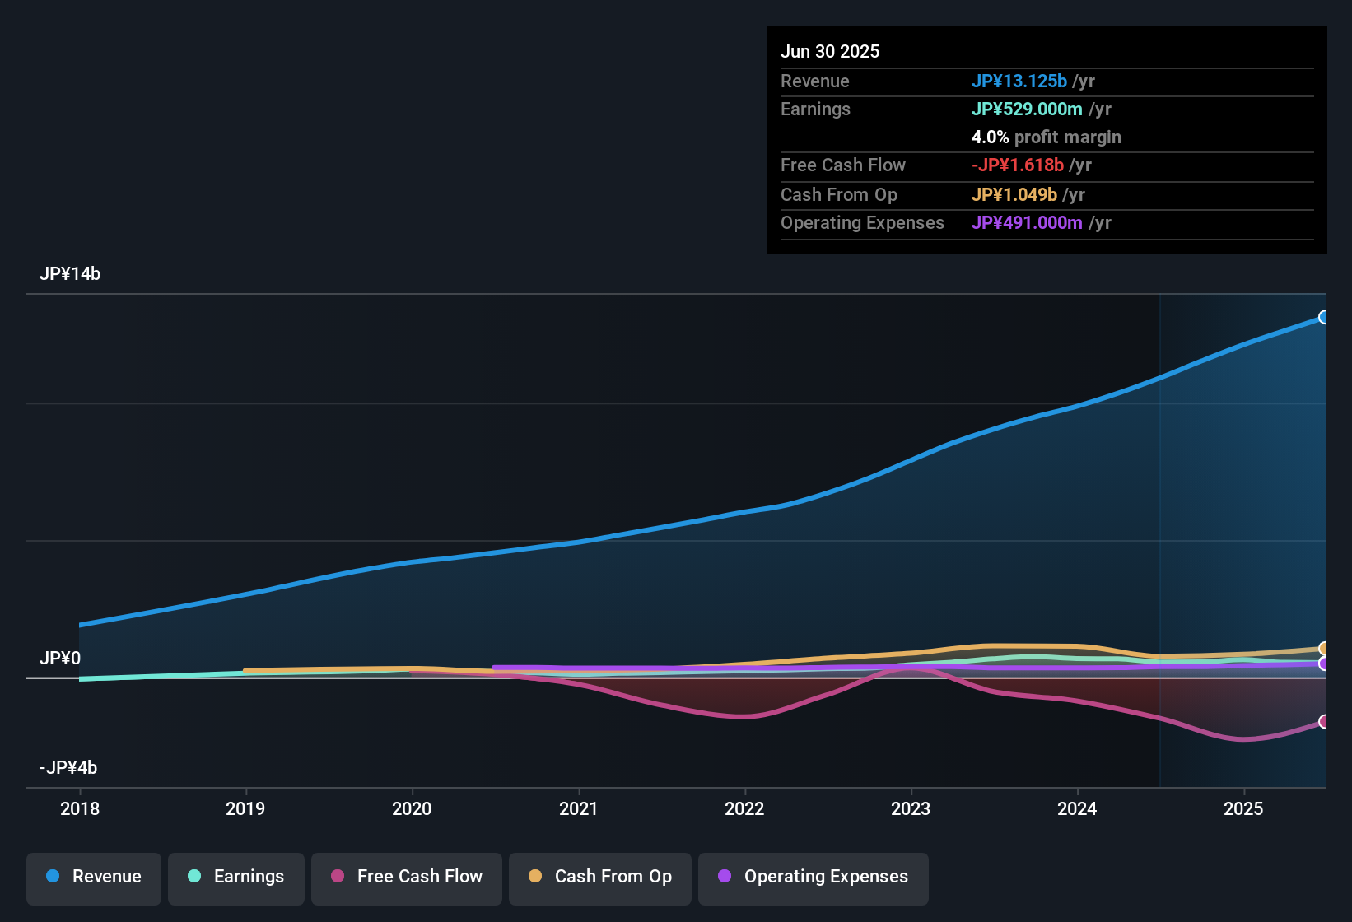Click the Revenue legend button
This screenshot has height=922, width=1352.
tap(94, 877)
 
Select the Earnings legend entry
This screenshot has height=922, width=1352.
tap(236, 877)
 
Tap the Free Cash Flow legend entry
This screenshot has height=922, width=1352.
tap(407, 877)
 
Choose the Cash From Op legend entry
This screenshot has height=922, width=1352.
tap(600, 877)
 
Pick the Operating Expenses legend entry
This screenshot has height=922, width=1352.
tap(814, 877)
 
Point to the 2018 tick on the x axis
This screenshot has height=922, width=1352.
tap(80, 808)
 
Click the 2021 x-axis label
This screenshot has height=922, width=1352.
tap(578, 808)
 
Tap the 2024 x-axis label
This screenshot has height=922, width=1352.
tap(1077, 808)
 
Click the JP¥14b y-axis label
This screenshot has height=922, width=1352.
tap(70, 274)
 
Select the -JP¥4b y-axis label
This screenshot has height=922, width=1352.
tap(68, 768)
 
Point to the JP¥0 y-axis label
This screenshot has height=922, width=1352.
tap(60, 659)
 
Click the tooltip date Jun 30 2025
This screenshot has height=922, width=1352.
tap(830, 51)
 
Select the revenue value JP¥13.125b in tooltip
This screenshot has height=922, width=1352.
tap(1019, 81)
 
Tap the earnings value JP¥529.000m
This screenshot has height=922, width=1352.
tap(1027, 109)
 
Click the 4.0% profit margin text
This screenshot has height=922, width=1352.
tap(1047, 137)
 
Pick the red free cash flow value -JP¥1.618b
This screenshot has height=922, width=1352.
tap(1018, 165)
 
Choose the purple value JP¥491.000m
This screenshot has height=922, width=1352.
tap(1027, 222)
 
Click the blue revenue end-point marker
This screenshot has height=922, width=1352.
tap(1323, 317)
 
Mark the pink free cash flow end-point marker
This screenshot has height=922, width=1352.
tap(1323, 721)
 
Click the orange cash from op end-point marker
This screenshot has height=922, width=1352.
tap(1323, 649)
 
